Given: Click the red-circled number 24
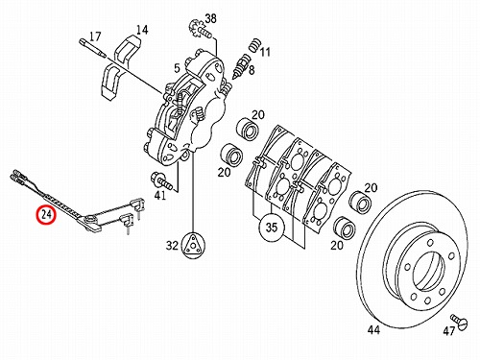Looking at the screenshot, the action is tap(46, 214).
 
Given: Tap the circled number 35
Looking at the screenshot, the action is tap(272, 228).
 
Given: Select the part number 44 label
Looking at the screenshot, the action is tap(373, 329).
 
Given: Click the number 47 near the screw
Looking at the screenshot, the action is tap(449, 331).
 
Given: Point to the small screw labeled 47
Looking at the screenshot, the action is tap(459, 321).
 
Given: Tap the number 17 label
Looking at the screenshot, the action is tap(95, 36).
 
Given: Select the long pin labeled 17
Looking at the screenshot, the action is tap(92, 48).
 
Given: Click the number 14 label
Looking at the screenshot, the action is tap(142, 30).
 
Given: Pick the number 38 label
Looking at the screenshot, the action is tap(210, 18).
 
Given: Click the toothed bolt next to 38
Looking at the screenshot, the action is tap(200, 29).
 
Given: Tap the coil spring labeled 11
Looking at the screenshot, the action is tap(255, 45).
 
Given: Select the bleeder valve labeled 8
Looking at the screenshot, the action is tap(241, 66).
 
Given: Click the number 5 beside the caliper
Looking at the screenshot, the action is tap(177, 68).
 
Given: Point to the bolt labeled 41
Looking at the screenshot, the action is tap(162, 180).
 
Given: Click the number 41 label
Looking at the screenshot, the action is tap(160, 195).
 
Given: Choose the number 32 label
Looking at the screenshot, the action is tap(172, 246).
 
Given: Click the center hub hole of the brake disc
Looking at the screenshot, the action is tap(429, 269).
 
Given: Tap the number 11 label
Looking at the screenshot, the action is tap(265, 52).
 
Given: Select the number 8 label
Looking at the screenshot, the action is tap(252, 70).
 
